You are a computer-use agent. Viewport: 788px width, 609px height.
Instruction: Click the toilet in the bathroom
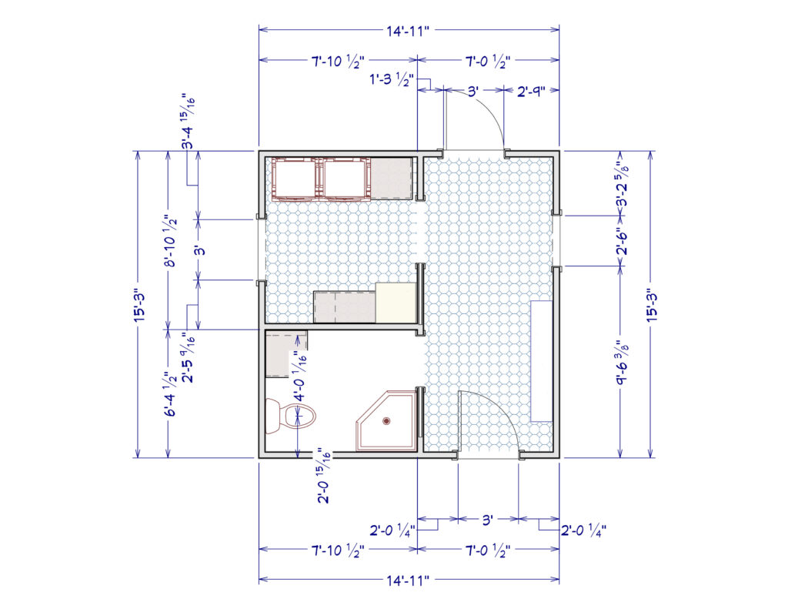[x=290, y=416]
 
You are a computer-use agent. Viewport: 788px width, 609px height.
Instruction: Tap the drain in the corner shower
[x=386, y=421]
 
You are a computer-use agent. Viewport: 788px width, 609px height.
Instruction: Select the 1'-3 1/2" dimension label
[x=392, y=80]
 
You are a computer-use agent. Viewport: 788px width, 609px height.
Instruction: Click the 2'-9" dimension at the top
[x=531, y=92]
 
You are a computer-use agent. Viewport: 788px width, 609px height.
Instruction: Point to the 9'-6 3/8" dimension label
[x=623, y=362]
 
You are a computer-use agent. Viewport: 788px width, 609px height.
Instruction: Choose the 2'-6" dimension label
[x=623, y=242]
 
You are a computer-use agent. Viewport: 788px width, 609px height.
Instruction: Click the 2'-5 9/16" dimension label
[x=189, y=357]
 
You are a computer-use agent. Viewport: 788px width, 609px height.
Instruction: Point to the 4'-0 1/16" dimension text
[x=300, y=375]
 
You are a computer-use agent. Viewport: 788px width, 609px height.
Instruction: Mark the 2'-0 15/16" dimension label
[x=324, y=476]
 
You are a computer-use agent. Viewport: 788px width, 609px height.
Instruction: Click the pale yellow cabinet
[x=396, y=303]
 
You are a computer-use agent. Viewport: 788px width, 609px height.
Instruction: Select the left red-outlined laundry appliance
[x=294, y=179]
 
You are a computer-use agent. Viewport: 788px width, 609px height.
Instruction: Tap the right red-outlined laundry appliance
[x=346, y=179]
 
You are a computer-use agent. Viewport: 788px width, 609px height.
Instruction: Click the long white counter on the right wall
[x=543, y=361]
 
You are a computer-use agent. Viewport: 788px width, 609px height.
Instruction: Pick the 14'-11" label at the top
[x=408, y=31]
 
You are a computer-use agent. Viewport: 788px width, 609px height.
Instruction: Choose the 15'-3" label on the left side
[x=140, y=305]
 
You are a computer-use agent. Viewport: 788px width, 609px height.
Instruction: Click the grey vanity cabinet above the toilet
[x=286, y=354]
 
